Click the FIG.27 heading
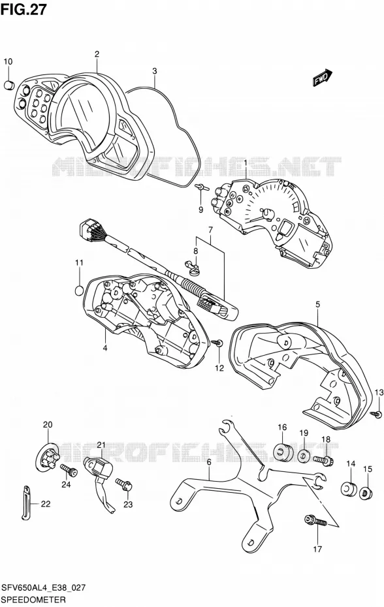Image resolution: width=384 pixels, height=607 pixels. point(24,9)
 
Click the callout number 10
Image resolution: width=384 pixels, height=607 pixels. point(8,61)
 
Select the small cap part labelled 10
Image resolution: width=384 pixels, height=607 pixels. point(8,85)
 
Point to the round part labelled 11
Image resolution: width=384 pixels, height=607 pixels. point(79,290)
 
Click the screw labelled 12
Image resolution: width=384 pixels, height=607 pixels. point(218,343)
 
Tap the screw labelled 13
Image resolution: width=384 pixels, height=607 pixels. point(377,414)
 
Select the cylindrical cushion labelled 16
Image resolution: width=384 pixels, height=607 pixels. point(283,452)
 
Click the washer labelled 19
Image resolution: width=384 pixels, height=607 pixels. point(304,456)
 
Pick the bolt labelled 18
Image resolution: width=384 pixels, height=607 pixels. point(323,461)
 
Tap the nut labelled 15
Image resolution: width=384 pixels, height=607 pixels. point(366,493)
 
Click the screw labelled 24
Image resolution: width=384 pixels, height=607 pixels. point(69,471)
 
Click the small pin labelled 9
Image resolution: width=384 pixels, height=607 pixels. point(202,187)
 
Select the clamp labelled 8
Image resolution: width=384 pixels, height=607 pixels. point(193,268)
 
